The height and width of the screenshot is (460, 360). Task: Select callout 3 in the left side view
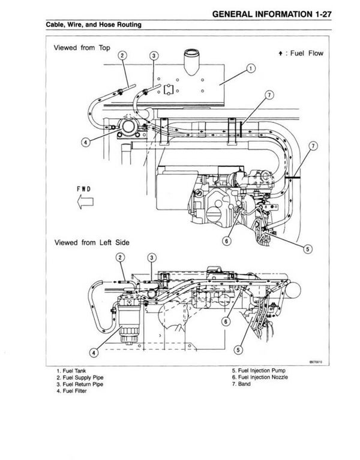coord(152,258)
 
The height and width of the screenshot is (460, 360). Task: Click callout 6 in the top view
coord(227,241)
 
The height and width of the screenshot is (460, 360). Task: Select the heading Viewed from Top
coord(80,47)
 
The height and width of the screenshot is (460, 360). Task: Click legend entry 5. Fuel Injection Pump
coord(261,371)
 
